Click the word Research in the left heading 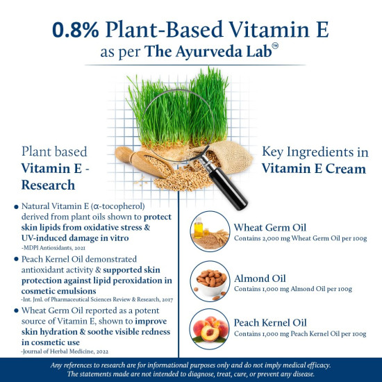[49, 185]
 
